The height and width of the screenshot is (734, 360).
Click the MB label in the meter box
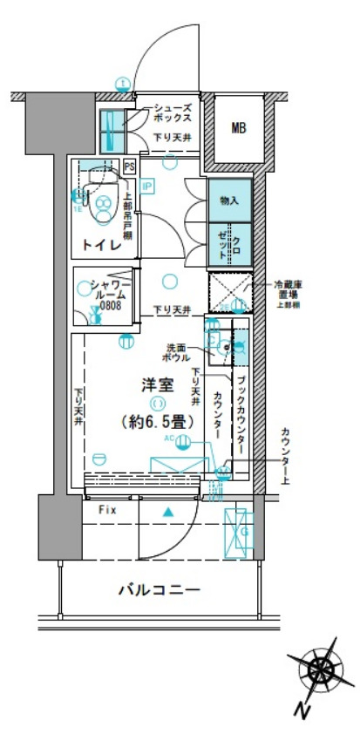pos(238,129)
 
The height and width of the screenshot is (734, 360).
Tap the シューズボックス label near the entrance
pos(171,112)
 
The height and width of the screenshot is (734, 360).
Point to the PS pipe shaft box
pos(130,167)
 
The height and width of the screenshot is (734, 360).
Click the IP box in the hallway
pos(146,186)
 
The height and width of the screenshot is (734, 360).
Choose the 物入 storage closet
pos(229,200)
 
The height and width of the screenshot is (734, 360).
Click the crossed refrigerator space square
pos(230,291)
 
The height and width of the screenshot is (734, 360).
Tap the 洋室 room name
pos(155,384)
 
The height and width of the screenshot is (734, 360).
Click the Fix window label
pos(107,508)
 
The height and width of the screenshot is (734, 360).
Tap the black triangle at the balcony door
pos(167,511)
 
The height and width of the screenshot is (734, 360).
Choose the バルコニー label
pos(160,590)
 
